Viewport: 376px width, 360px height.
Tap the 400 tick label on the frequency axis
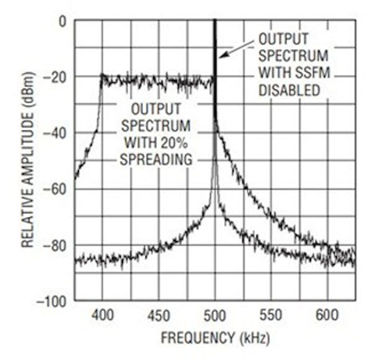click(x=103, y=316)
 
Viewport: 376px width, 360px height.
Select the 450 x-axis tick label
click(x=159, y=316)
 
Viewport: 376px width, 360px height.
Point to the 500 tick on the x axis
click(x=215, y=316)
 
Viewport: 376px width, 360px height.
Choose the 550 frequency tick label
click(x=271, y=316)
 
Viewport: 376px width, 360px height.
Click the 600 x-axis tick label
click(x=327, y=316)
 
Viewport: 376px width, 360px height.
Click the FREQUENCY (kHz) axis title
click(x=215, y=339)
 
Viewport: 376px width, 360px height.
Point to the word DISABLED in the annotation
click(x=289, y=91)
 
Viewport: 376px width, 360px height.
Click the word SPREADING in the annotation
click(x=156, y=160)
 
